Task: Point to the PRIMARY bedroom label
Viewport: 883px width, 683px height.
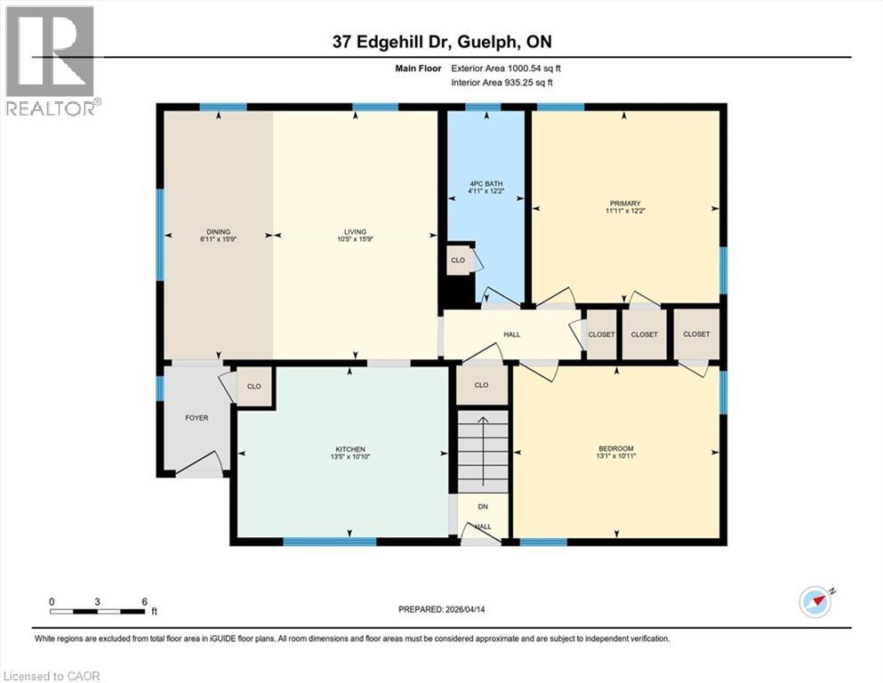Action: pyautogui.click(x=625, y=203)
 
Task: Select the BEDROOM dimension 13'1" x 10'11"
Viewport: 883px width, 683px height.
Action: pyautogui.click(x=616, y=455)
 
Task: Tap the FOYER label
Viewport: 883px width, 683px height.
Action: pyautogui.click(x=197, y=418)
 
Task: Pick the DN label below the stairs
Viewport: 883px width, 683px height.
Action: pyautogui.click(x=483, y=507)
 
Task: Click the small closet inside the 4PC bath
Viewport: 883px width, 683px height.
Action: pyautogui.click(x=458, y=260)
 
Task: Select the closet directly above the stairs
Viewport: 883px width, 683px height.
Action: pyautogui.click(x=482, y=386)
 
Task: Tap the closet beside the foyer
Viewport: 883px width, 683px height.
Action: pyautogui.click(x=254, y=387)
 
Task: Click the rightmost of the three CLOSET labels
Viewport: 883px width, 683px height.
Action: pyautogui.click(x=696, y=334)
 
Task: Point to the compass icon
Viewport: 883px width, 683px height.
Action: pyautogui.click(x=815, y=602)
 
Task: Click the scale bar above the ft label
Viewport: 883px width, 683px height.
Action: pyautogui.click(x=98, y=610)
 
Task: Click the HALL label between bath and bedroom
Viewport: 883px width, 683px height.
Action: pyautogui.click(x=511, y=334)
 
